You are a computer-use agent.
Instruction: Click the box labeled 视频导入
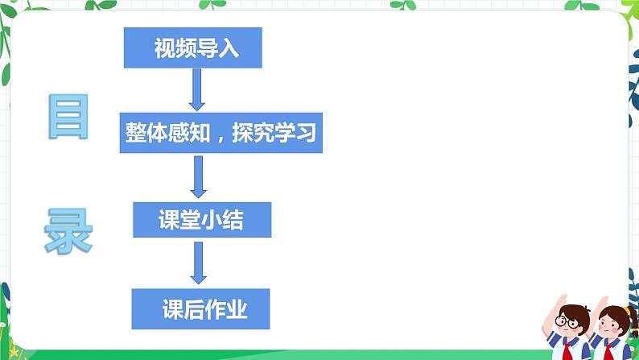193,49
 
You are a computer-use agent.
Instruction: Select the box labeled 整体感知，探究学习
221,131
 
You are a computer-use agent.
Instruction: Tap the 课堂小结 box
202,221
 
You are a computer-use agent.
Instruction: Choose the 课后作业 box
200,308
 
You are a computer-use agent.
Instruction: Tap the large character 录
68,230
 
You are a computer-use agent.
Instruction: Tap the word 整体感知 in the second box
167,131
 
